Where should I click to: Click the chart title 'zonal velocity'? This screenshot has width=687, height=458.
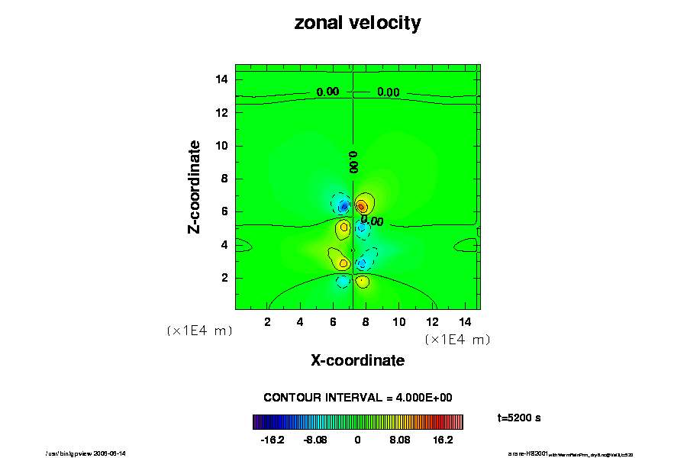pos(357,23)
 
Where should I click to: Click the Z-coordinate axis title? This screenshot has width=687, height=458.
pos(195,186)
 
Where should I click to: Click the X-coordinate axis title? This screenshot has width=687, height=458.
pos(357,360)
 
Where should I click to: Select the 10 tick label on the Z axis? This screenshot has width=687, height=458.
pos(221,146)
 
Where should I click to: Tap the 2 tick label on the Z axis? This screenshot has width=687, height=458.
pos(224,278)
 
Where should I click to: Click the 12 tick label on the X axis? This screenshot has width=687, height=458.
pos(431,321)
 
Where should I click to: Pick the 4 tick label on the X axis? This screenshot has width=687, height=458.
pos(300,321)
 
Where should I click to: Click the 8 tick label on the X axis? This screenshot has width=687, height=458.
pos(366,321)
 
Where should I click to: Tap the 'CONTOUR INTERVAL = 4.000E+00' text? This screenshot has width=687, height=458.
pos(358,398)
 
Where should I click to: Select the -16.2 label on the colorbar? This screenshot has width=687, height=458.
pos(273,440)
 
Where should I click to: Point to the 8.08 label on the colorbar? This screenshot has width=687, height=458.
pos(399,440)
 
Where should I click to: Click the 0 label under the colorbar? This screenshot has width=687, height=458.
pos(357,440)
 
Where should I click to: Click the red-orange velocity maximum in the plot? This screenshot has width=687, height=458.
pos(361,205)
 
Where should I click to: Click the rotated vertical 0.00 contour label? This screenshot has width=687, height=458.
pos(353,161)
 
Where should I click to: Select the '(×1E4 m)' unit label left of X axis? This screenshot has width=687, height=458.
pos(199,331)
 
